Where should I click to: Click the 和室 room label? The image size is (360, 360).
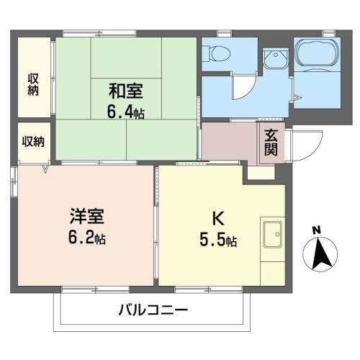[125, 91]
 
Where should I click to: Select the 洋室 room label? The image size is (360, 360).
[87, 216]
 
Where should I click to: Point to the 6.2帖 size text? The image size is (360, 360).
[87, 238]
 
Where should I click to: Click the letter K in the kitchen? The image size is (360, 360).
[218, 218]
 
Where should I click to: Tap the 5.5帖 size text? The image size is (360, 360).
[218, 240]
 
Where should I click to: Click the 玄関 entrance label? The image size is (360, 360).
[271, 143]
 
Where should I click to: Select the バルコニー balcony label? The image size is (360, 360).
[153, 310]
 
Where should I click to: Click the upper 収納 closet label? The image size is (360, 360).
[33, 85]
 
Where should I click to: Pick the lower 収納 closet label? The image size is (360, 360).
[33, 142]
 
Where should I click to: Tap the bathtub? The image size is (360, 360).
[317, 52]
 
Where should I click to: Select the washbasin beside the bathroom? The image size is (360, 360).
[276, 58]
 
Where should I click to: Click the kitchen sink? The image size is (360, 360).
[272, 235]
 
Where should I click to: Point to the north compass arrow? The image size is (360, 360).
[320, 254]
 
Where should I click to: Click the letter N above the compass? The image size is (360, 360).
[317, 230]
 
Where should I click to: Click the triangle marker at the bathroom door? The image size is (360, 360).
[297, 98]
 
